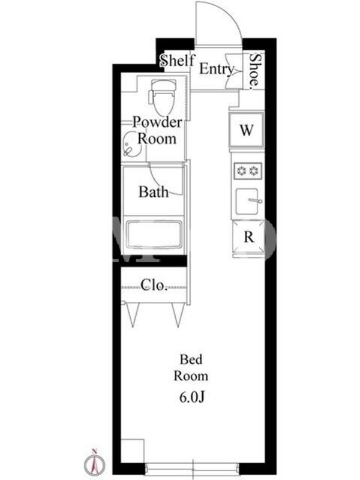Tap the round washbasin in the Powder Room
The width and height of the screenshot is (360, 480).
click(132, 145)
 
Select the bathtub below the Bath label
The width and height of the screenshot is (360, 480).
click(154, 235)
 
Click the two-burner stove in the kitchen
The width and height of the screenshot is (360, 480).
click(248, 171)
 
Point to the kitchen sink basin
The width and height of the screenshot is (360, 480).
click(247, 201)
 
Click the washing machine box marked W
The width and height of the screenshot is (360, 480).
click(247, 130)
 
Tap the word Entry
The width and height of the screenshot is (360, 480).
click(217, 69)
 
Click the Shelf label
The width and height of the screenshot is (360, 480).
click(177, 61)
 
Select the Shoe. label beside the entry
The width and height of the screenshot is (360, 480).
click(254, 72)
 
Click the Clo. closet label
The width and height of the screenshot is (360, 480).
click(154, 286)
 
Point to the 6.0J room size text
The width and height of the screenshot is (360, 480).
click(191, 397)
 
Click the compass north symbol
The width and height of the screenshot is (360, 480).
click(95, 463)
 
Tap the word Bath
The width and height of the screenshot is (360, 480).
click(154, 192)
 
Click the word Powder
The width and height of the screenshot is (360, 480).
click(157, 122)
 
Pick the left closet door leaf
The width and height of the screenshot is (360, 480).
click(133, 314)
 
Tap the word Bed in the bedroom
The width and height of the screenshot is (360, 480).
click(191, 359)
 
